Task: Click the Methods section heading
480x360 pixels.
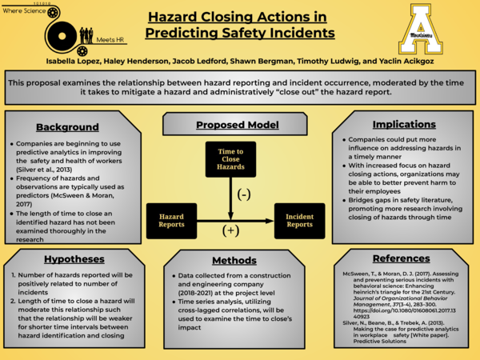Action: pyautogui.click(x=234, y=260)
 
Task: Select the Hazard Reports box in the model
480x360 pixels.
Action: pyautogui.click(x=171, y=221)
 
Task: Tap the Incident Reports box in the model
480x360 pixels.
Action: pyautogui.click(x=300, y=221)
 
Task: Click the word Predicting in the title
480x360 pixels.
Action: pyautogui.click(x=187, y=33)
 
